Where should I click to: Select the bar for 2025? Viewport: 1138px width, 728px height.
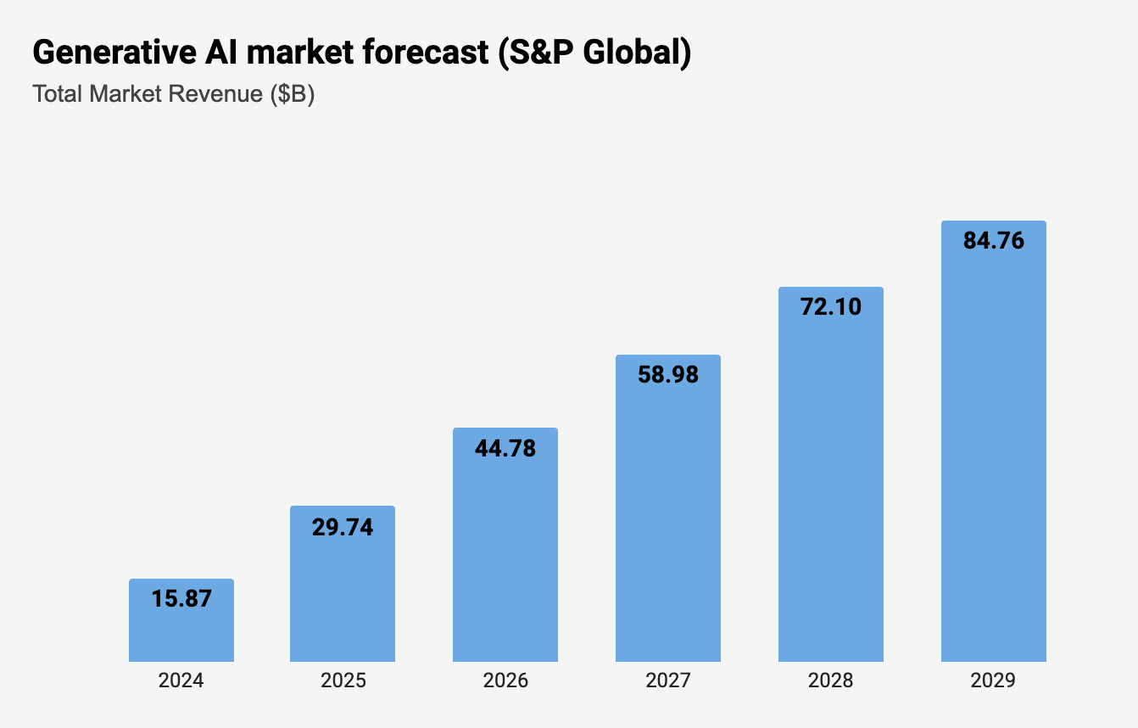343,594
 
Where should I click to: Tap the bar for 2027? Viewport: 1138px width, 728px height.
668,518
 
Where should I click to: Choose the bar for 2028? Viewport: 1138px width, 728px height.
831,484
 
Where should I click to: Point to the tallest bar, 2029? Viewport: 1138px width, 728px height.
994,450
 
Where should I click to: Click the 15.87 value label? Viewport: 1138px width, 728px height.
181,598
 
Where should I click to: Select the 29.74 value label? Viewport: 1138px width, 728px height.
343,527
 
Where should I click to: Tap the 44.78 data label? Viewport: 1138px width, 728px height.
505,448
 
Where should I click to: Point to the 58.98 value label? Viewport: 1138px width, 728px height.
668,374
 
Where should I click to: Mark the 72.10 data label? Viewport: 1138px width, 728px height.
831,306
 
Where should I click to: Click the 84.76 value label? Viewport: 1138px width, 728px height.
994,241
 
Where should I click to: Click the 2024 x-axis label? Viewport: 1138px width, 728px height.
181,680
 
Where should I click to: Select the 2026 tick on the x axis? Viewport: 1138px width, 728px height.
505,680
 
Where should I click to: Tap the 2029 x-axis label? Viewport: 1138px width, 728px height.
994,680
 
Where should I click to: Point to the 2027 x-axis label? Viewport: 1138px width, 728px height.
668,680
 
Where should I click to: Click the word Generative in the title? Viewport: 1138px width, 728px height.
107,53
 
